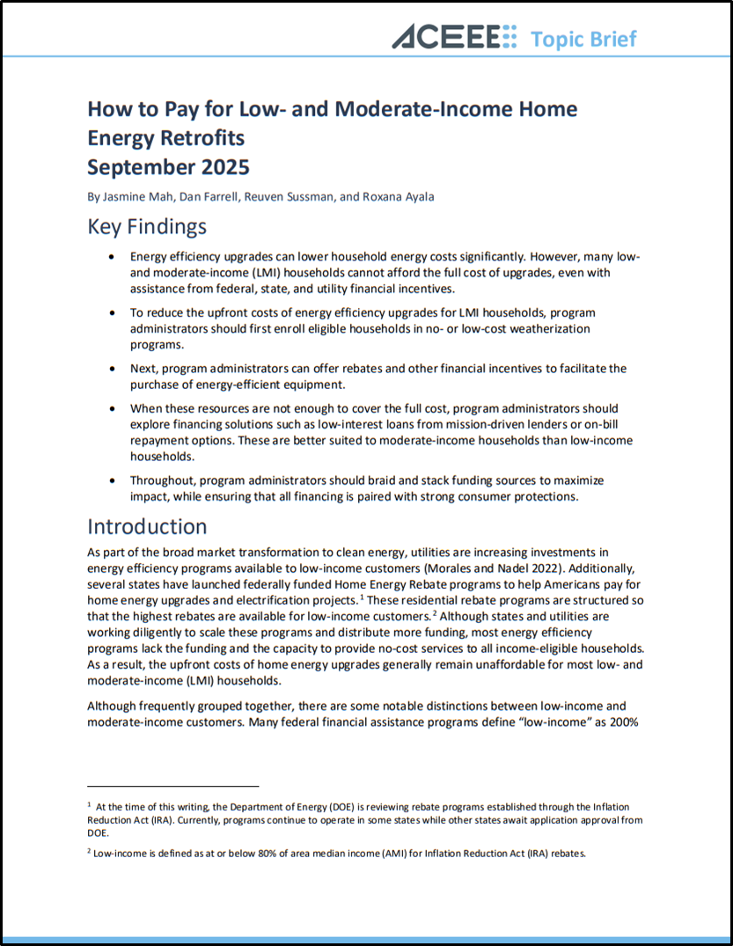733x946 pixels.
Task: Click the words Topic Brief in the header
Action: coord(583,39)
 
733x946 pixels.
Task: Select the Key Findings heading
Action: coord(147,226)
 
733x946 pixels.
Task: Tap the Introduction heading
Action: coord(147,526)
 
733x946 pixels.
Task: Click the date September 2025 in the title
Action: coord(168,167)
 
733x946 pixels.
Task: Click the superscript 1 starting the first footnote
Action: coord(89,805)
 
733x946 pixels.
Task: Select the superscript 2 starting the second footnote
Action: coord(89,852)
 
